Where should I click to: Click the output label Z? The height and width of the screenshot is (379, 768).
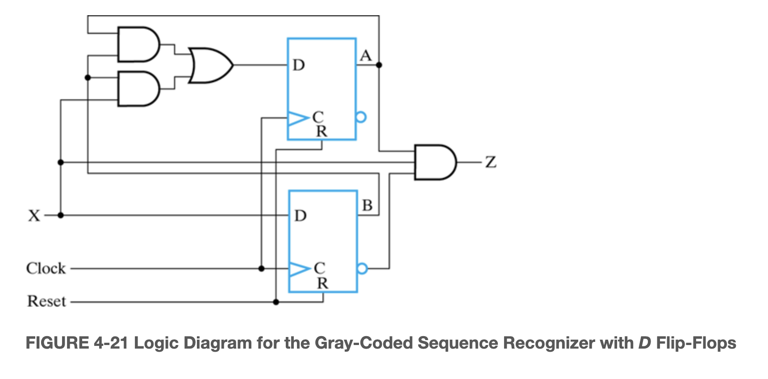pos(491,162)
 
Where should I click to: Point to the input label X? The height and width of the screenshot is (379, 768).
pos(34,216)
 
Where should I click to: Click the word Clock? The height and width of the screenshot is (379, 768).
pos(46,269)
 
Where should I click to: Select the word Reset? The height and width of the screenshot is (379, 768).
pos(46,302)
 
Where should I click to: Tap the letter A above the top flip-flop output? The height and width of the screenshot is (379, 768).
pos(366,56)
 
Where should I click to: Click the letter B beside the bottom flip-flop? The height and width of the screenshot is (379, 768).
pos(367,206)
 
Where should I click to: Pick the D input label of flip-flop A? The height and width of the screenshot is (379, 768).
pos(299,66)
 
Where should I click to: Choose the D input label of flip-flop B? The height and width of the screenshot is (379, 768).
pos(301,216)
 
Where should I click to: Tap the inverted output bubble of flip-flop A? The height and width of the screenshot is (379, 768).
pos(361,118)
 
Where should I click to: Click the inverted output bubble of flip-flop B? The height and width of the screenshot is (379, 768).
pos(363,269)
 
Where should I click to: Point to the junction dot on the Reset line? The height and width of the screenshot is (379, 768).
pos(276,302)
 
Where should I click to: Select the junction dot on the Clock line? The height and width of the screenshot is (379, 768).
pos(262,269)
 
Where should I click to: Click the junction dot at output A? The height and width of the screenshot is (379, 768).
pos(379,65)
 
